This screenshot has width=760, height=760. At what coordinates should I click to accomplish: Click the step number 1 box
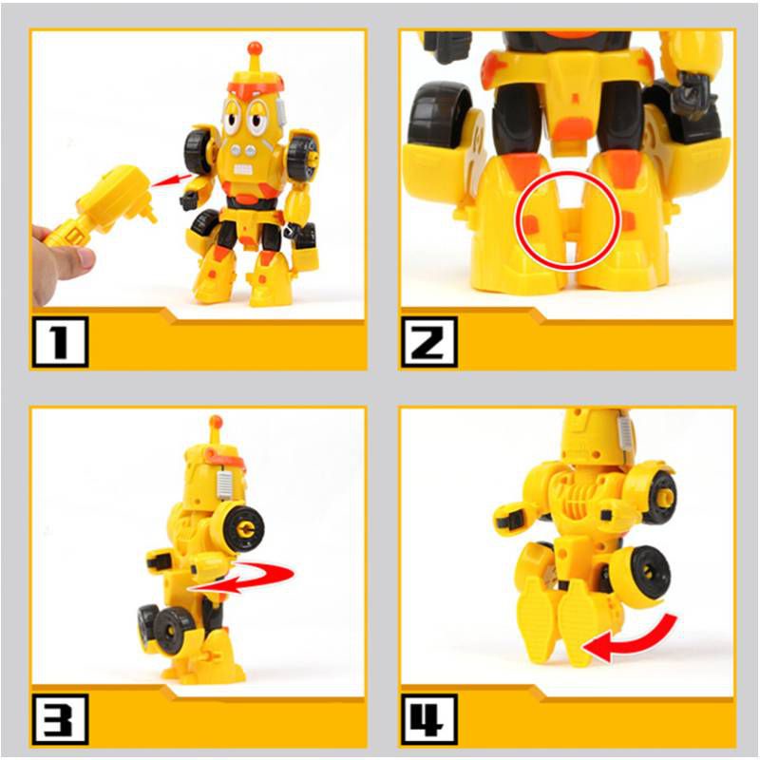point(60,343)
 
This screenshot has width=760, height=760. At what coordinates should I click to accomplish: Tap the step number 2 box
point(428,343)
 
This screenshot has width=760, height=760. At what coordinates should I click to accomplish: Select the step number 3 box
point(60,719)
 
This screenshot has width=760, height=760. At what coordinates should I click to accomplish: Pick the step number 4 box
point(428,719)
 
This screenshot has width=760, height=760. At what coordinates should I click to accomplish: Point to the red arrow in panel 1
point(168,179)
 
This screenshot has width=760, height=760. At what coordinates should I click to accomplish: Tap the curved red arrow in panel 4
point(631,639)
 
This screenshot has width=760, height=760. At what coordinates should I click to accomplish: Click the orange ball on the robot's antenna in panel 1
point(254,47)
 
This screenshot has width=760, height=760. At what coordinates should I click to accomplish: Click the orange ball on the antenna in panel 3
point(216,421)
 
